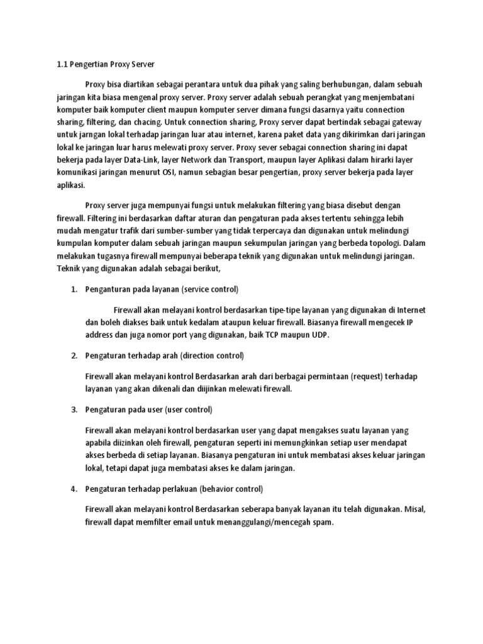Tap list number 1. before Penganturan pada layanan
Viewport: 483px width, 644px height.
[x=74, y=289]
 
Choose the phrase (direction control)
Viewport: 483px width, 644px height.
[x=212, y=356]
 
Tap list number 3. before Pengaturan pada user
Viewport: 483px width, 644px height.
[x=74, y=409]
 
